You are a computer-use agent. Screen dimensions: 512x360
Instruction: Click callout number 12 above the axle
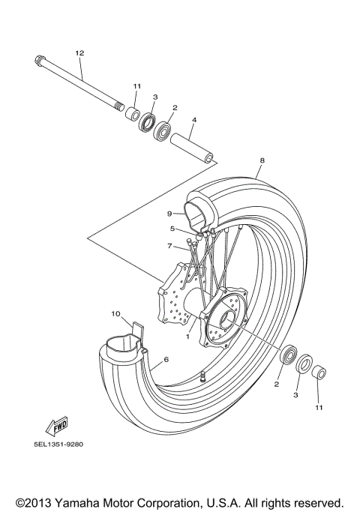point(79,52)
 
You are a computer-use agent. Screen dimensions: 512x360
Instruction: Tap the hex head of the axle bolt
point(38,60)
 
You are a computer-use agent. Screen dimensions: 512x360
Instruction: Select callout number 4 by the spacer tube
point(193,119)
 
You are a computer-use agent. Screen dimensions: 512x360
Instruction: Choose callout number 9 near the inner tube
point(170,214)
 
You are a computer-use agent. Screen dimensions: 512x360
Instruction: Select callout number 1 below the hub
point(189,337)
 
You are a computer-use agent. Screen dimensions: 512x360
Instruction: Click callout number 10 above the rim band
point(116,313)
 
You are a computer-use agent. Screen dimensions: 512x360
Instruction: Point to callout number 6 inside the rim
point(166,361)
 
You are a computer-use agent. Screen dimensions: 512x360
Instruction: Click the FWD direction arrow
point(58,426)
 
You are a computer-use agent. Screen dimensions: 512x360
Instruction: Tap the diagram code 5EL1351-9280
point(58,444)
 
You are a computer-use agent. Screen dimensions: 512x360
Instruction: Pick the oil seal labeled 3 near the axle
point(146,121)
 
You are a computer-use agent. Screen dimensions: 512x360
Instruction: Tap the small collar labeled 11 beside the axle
point(133,114)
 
